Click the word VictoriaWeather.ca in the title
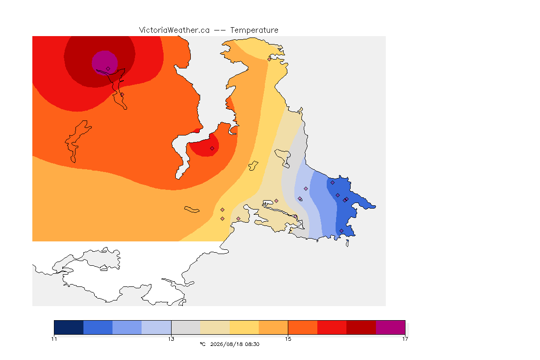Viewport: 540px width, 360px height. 174,30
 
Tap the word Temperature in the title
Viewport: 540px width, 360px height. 254,30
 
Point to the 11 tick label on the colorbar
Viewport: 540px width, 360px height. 54,339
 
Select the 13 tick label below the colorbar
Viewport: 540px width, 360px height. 171,339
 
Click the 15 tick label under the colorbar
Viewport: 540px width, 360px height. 288,339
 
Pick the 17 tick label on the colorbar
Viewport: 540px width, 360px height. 405,339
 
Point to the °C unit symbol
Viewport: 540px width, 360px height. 202,344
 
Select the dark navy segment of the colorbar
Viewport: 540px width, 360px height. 69,327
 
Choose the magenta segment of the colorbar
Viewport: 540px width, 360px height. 390,327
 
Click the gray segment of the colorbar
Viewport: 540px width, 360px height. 186,327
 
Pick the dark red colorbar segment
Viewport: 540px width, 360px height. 361,327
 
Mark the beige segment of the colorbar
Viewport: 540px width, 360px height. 215,327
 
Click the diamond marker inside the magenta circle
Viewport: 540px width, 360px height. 108,69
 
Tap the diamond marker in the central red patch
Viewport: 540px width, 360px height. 212,149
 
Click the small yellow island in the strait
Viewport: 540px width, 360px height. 253,166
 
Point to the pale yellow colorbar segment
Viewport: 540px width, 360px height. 244,327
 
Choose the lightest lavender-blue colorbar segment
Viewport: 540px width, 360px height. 157,327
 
